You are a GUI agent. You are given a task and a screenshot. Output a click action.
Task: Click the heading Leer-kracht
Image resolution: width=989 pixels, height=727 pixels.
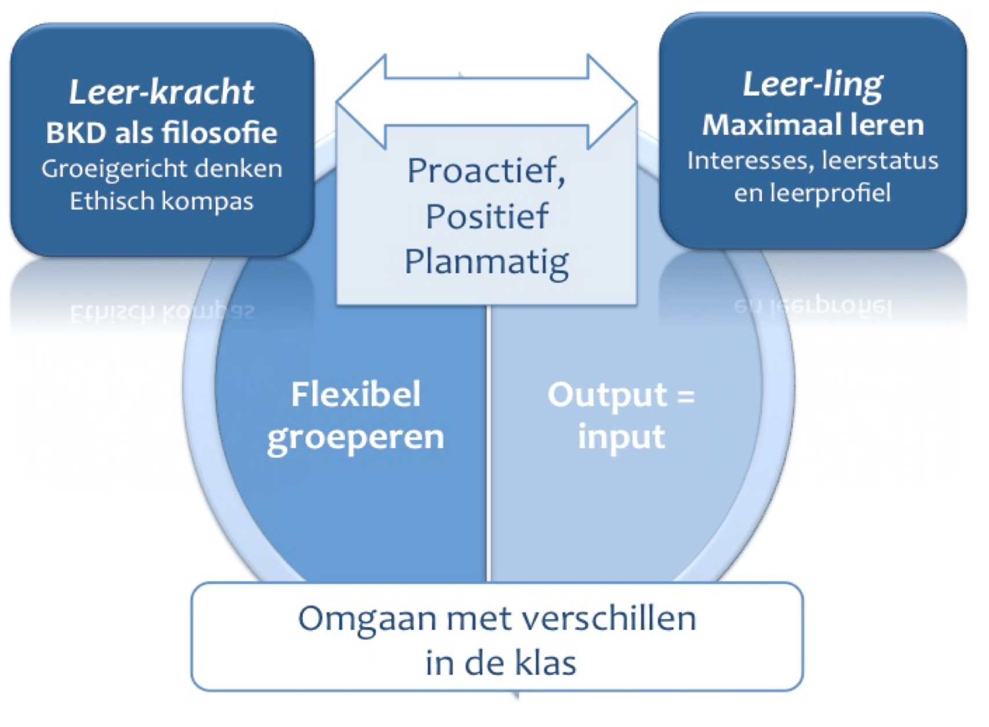coord(162,92)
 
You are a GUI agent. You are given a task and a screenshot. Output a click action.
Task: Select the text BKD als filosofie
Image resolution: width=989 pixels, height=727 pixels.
coord(162,133)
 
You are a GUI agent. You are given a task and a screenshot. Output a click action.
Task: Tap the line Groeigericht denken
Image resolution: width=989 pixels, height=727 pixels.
coord(162,168)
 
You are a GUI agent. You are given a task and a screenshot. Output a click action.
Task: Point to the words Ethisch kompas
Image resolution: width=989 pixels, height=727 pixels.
coord(162,201)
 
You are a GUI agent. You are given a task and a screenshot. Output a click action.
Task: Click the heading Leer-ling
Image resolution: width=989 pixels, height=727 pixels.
coord(812,85)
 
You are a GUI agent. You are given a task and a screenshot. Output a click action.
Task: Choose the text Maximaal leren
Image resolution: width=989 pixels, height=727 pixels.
coord(812,124)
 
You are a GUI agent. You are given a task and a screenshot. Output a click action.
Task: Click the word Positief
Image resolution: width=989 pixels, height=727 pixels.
coord(486,216)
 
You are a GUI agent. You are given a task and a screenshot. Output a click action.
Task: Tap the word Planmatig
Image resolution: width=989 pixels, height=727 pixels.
coord(486,262)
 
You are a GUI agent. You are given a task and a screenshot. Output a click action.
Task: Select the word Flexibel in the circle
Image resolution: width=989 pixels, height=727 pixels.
coord(356,395)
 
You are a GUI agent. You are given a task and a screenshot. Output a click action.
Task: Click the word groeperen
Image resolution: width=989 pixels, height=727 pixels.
coord(356,438)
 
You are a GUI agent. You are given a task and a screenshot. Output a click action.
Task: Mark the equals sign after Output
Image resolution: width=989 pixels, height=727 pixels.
coord(686,396)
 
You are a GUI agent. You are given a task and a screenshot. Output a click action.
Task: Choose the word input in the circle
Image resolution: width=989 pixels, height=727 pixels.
coord(621,436)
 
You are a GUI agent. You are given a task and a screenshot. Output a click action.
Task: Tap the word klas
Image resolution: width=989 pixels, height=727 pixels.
coord(545,663)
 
